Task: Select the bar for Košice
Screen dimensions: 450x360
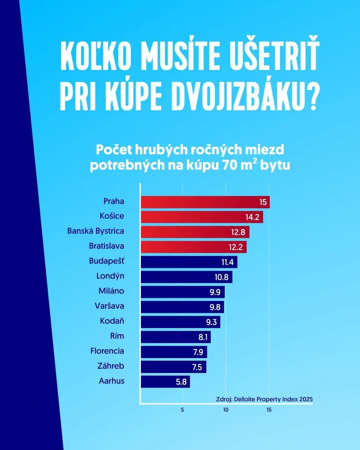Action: coord(201,217)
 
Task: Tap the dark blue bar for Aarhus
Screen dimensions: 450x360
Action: coord(165,382)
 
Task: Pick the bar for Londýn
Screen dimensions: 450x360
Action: coord(186,277)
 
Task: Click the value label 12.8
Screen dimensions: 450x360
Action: coord(239,232)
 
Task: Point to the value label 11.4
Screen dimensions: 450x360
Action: coord(227,262)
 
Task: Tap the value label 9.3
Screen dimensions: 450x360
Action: coord(210,322)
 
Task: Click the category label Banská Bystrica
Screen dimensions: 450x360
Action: coord(96,231)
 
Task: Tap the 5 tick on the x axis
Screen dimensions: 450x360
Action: coord(183,410)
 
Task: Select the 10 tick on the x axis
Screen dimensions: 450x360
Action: coord(225,410)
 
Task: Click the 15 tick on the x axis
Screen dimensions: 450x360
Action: coord(268,410)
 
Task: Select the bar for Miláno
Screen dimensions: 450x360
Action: coord(182,292)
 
